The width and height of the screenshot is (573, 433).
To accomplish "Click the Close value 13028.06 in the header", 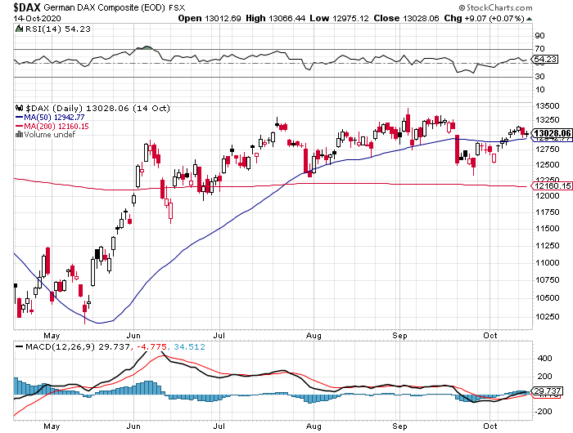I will coord(414,18).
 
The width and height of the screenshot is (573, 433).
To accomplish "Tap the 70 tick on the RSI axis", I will coord(540,49).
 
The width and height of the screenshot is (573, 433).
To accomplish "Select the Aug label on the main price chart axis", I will coord(312,334).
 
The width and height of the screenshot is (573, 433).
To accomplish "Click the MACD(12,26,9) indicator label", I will coord(47,346).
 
